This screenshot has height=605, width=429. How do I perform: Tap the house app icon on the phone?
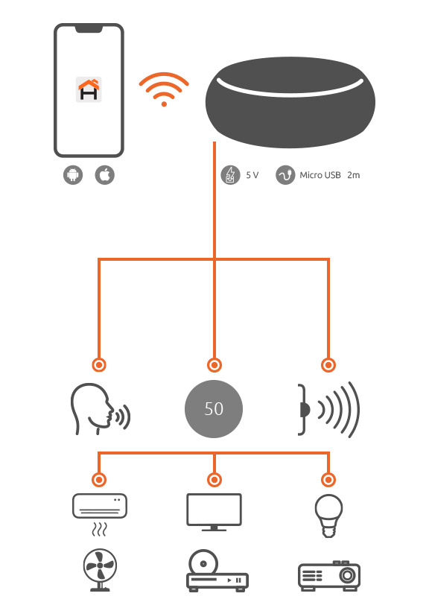coord(89,89)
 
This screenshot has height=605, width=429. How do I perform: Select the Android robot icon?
coord(73,175)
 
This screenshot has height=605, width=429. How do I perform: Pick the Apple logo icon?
coord(104,175)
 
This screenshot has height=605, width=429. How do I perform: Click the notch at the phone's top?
coord(89,28)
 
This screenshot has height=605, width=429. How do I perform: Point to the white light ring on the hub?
coord(290,87)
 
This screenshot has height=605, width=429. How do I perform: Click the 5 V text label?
coord(252,175)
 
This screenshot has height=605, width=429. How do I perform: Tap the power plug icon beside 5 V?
coord(230,175)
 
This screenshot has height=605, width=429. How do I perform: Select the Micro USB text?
coord(320,175)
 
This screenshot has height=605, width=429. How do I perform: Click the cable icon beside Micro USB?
coord(285,175)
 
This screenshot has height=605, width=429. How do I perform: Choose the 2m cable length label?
coord(353,175)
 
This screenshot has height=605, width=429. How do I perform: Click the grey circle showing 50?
coord(214,409)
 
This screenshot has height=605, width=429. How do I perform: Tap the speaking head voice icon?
coord(100,409)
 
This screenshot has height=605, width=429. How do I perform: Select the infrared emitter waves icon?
coord(328,409)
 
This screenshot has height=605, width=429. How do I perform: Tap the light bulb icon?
coord(328,516)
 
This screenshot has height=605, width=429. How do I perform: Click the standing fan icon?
coord(100,570)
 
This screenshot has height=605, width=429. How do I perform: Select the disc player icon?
coord(217,571)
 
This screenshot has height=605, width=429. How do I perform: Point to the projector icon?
coord(329,576)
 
